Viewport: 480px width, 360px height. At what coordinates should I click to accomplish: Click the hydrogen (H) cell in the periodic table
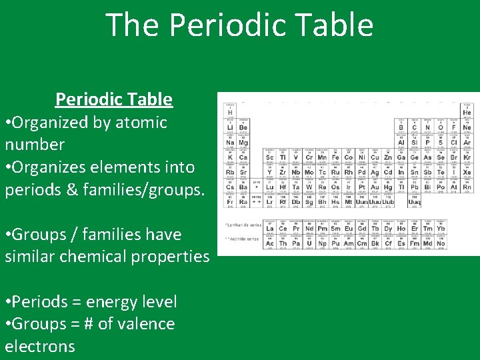pyautogui.click(x=230, y=111)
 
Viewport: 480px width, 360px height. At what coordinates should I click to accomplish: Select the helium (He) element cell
pyautogui.click(x=467, y=111)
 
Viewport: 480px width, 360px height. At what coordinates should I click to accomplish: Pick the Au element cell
pyautogui.click(x=374, y=188)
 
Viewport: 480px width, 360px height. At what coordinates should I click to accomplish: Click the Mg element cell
pyautogui.click(x=243, y=142)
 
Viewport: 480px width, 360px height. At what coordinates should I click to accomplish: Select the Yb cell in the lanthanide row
pyautogui.click(x=440, y=228)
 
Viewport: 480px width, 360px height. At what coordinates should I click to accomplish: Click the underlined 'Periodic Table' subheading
pyautogui.click(x=114, y=99)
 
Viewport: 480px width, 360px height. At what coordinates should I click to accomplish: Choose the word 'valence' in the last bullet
pyautogui.click(x=143, y=324)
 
